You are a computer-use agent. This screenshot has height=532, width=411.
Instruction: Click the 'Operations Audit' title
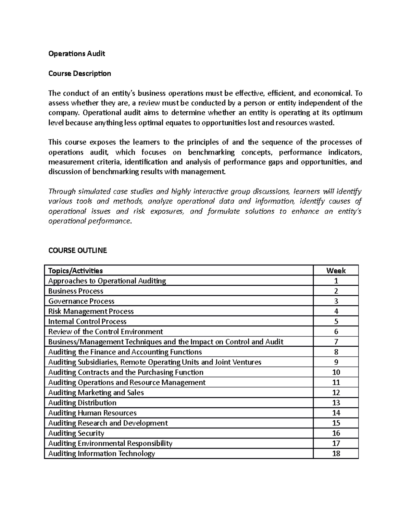pos(76,53)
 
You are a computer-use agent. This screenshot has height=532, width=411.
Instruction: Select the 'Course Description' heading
pos(79,73)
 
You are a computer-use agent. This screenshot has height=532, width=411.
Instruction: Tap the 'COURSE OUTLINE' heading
pos(77,250)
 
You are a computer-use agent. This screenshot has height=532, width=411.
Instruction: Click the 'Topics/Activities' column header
pos(75,271)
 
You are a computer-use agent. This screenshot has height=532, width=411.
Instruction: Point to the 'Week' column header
pos(336,271)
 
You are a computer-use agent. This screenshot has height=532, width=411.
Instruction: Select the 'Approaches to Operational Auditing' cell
pos(107,281)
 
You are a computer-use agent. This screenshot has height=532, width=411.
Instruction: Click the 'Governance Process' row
pos(81,301)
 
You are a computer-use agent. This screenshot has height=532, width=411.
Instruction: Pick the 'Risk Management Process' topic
pos(91,311)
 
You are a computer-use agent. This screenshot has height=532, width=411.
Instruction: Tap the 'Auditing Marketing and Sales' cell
pos(96,393)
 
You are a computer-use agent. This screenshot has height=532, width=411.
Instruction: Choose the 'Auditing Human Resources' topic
pos(92,413)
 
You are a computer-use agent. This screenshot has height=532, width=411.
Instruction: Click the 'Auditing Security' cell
pos(76,433)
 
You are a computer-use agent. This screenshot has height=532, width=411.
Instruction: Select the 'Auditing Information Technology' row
pos(101,454)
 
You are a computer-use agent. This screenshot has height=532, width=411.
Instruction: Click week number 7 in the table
pos(336,342)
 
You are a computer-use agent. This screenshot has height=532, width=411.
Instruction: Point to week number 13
pos(336,403)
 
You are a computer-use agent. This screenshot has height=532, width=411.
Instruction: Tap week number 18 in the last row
pos(336,454)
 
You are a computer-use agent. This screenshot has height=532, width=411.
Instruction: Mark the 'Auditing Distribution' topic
pos(82,403)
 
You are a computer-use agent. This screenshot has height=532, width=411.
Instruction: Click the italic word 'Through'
pos(61,191)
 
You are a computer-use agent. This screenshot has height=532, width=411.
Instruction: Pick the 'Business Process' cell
pos(76,291)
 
